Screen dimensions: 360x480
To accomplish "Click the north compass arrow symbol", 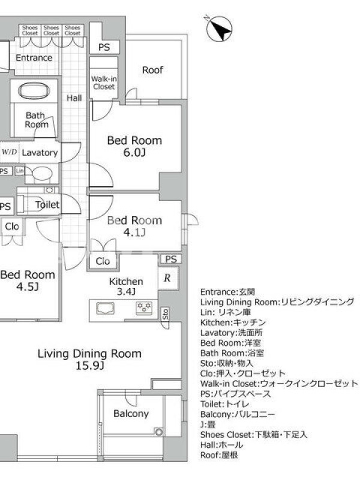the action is click(219, 29).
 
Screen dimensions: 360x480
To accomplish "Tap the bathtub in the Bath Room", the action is click(34, 91).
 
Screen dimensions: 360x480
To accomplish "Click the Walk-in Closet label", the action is click(104, 83).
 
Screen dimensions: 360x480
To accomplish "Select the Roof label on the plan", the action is click(153, 70).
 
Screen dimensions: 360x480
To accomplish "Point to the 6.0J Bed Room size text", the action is click(134, 152).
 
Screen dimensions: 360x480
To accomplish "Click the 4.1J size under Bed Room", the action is click(134, 232).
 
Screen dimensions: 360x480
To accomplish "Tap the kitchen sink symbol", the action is click(106, 308).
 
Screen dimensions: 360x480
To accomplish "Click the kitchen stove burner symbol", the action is click(144, 308).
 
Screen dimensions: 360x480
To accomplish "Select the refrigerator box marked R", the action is click(168, 278).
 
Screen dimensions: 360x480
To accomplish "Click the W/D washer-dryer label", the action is click(10, 152).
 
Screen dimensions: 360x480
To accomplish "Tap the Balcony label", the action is click(131, 413).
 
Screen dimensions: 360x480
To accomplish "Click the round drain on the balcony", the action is click(158, 432).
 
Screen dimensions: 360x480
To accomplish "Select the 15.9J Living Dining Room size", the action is click(89, 365).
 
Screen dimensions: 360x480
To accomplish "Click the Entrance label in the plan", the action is click(34, 58).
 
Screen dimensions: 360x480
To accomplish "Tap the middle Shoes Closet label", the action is click(51, 31).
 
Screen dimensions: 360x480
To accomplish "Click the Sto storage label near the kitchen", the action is click(166, 314).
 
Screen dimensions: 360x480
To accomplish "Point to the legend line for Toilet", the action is click(224, 404).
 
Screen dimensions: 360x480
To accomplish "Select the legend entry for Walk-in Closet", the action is click(279, 383).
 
